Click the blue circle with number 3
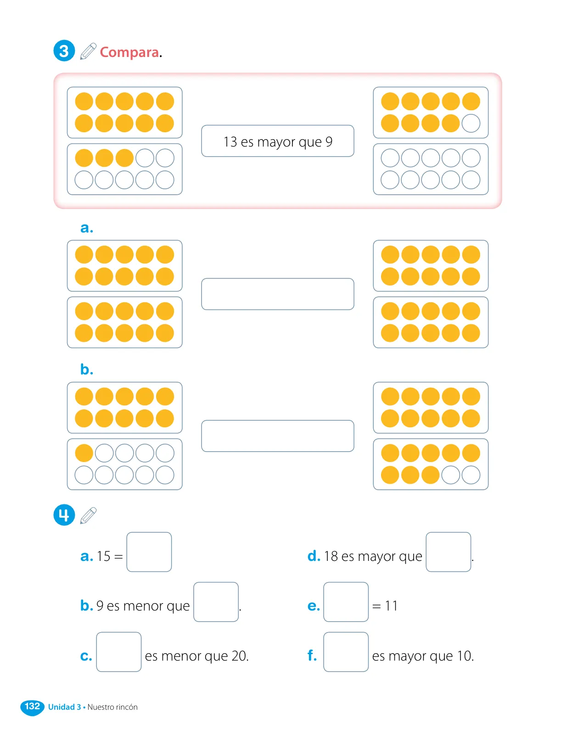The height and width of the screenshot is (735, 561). point(64,51)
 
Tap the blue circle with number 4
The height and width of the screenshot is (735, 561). point(64,514)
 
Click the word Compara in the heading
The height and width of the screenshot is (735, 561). point(129,52)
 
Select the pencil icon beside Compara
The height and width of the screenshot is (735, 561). point(88,51)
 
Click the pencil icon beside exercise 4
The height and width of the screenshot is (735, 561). point(88,515)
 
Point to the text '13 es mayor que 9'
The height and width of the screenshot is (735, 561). point(278,142)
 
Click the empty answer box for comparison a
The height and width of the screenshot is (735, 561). point(278,294)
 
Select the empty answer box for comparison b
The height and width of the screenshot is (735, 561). point(278,436)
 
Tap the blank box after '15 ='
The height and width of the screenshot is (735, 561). point(149,552)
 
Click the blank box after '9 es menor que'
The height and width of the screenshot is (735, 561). point(216,602)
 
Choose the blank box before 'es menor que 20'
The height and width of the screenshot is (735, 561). point(119,651)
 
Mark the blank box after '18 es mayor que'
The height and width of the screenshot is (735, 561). point(448,552)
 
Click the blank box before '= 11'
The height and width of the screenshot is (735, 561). point(346,602)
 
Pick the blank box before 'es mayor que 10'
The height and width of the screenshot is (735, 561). point(346,651)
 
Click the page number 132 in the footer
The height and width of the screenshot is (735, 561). point(33,706)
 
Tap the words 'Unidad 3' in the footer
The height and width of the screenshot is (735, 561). point(65,707)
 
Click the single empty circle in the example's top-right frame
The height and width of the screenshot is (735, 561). point(471,123)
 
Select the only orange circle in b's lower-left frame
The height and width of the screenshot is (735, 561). point(84,453)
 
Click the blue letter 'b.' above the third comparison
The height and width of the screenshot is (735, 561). point(87,369)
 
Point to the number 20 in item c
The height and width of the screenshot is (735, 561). point(239,656)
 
